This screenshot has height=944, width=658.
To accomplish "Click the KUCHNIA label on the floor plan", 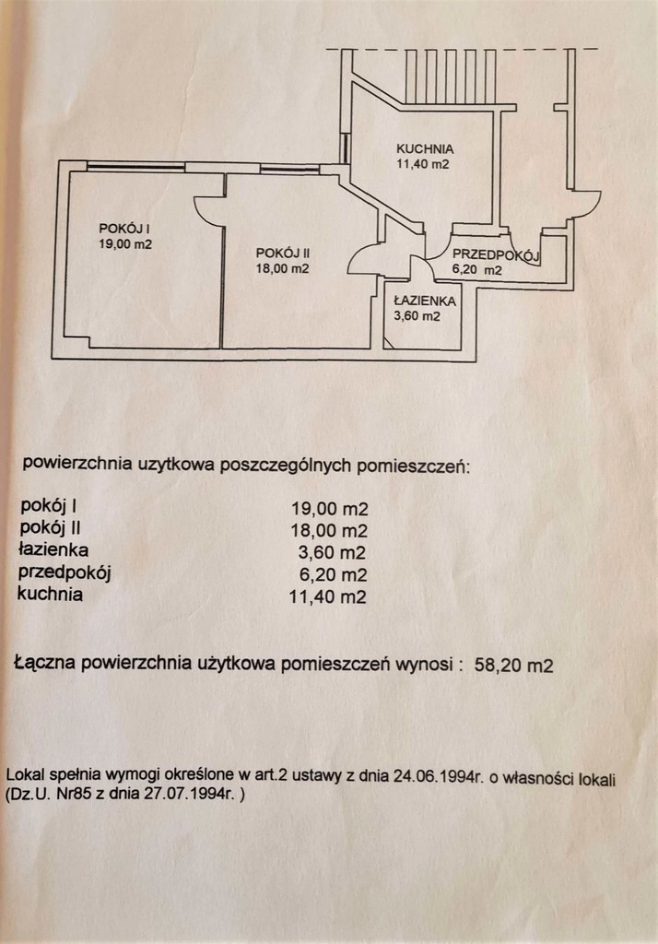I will click(x=424, y=147).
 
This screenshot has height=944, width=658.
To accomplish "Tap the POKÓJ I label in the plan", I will click(x=125, y=228).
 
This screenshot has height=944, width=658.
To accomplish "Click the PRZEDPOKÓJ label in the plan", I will click(x=495, y=255).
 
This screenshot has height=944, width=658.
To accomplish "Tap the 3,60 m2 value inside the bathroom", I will click(x=416, y=316).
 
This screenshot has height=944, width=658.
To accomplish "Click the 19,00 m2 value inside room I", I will click(x=125, y=244).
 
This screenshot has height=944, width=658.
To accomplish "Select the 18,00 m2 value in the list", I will click(x=329, y=531).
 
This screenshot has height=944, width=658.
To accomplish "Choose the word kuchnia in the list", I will click(x=50, y=595).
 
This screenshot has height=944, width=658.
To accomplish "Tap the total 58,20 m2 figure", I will click(x=512, y=664).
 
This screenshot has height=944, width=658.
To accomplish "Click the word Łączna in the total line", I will click(x=46, y=662).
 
